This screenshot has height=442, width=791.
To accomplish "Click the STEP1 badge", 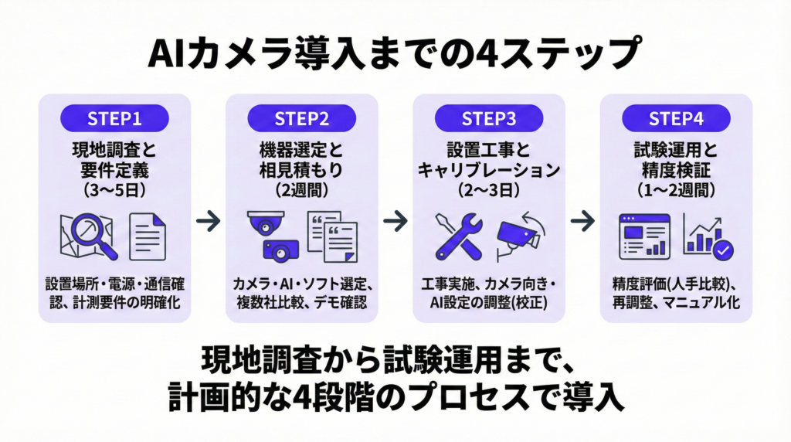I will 114,118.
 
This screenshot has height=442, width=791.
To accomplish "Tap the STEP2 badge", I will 301,118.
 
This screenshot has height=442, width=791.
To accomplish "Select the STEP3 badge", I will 488,118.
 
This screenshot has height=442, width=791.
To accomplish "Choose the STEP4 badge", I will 676,118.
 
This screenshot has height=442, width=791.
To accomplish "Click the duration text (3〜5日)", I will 114,188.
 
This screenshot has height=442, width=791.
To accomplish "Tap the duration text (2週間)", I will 301,188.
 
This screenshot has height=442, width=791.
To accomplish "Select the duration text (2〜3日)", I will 488,188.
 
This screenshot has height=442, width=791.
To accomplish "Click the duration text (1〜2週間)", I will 676,188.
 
